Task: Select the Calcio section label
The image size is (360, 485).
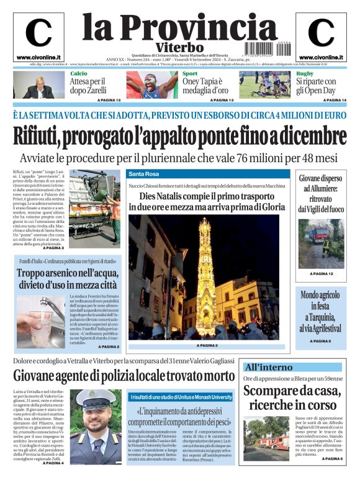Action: pos(78,74)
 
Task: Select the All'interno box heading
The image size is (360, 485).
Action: pos(268,367)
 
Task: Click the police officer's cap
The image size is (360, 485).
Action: pos(103,398)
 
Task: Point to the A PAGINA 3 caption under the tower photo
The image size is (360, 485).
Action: pos(207,345)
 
